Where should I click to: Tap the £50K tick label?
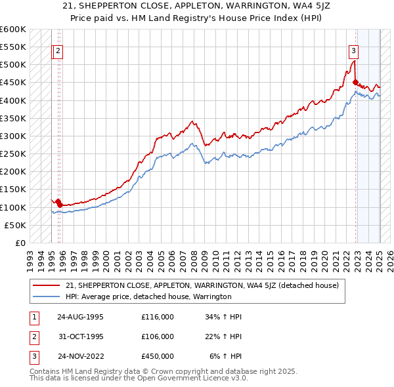click(x=14, y=225)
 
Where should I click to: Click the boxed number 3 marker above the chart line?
click(x=353, y=51)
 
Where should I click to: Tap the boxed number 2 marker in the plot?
click(x=58, y=51)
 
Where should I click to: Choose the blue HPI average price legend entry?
click(x=148, y=297)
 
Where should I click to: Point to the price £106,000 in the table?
click(x=158, y=336)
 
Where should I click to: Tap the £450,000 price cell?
click(x=158, y=356)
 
